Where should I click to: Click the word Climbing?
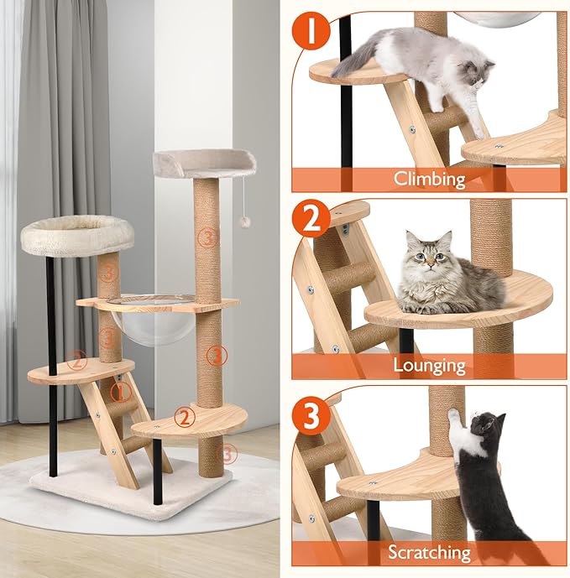tap(431, 179)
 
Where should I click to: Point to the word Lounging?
tap(431, 365)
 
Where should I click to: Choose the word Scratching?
tap(431, 552)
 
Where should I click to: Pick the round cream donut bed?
tap(77, 233)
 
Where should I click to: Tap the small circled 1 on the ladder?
tap(119, 392)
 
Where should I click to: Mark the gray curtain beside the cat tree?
tap(50, 126)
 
